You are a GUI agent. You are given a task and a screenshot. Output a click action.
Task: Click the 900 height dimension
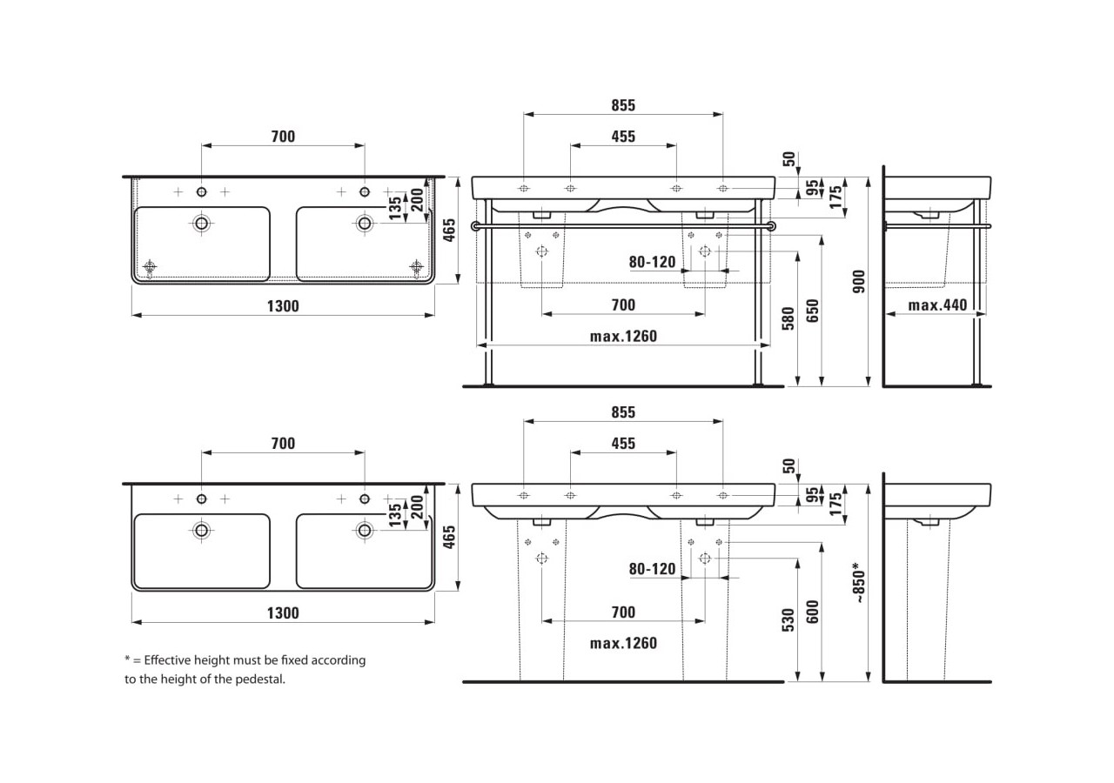[x=859, y=281]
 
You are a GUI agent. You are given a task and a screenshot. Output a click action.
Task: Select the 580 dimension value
[x=788, y=318]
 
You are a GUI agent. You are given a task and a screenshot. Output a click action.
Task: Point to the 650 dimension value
[x=812, y=311]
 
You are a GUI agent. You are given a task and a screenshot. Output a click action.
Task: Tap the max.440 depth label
[x=936, y=305]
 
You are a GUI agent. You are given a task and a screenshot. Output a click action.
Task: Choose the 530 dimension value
[x=788, y=619]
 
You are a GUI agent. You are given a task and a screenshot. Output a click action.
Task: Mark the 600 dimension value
[x=812, y=612]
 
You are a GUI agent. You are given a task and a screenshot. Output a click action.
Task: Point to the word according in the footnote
[x=339, y=660]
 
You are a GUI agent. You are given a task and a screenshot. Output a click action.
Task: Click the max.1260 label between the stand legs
[x=623, y=337]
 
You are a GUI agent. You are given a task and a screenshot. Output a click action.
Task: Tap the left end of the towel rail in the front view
[x=475, y=226]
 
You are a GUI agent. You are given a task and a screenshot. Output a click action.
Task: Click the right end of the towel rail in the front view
[x=771, y=226]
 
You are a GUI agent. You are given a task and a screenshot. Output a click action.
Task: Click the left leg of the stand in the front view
[x=488, y=296]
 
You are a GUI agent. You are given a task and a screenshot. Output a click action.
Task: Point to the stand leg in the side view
[x=980, y=296]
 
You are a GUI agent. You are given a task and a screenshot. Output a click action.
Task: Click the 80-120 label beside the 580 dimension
[x=653, y=262]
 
